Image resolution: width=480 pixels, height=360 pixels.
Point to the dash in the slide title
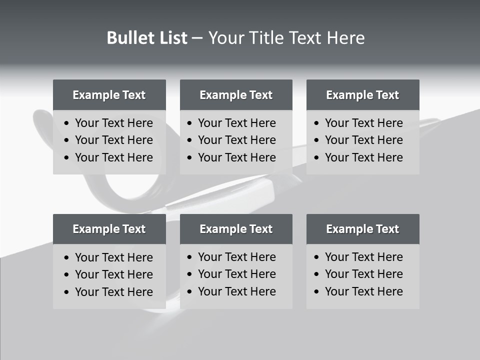coord(197,38)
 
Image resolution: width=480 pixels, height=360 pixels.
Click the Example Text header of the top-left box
coord(109,95)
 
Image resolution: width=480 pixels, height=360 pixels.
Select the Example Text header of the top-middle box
coord(236,95)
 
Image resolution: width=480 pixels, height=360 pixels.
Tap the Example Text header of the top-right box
coord(362,95)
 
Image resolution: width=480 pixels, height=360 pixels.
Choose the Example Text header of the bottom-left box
coord(109,229)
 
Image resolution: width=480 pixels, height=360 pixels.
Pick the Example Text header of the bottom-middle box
coord(236,229)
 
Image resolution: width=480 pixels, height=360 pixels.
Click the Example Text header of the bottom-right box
coord(362,229)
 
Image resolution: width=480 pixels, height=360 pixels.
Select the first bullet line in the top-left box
coord(113,123)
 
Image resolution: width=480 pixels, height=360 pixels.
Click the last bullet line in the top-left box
coord(113,157)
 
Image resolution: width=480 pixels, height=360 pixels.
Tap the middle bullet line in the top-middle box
coord(236,140)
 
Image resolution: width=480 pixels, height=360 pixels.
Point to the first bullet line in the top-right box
coord(363,123)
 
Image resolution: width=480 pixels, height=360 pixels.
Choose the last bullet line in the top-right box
coord(363,157)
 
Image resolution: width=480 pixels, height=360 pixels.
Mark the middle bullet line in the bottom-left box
coord(113,274)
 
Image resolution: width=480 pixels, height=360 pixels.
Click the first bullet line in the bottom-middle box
coord(236,257)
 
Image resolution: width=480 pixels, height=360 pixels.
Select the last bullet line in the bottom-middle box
coord(236,291)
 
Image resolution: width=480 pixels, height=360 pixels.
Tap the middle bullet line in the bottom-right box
coord(363,274)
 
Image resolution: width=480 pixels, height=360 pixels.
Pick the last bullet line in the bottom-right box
coord(363,291)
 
